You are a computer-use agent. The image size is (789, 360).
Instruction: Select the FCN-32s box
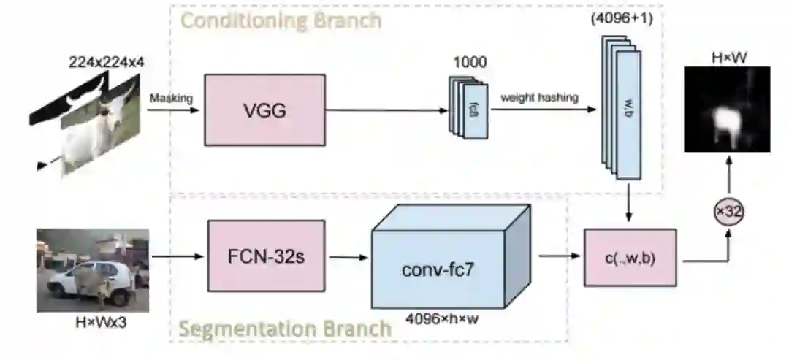(266, 256)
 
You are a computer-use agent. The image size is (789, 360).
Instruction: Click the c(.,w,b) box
(630, 258)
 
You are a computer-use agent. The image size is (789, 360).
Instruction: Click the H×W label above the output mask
(727, 56)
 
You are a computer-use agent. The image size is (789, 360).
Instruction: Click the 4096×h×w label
(438, 318)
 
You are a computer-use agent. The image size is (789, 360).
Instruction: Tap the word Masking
(169, 97)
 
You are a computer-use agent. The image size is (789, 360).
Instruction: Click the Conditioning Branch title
(281, 20)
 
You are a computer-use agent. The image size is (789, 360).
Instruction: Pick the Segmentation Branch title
(285, 329)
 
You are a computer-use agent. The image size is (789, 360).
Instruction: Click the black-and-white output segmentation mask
(727, 110)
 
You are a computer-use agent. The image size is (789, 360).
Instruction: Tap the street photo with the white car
(93, 270)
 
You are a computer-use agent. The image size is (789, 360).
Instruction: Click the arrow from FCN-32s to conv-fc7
(348, 256)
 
